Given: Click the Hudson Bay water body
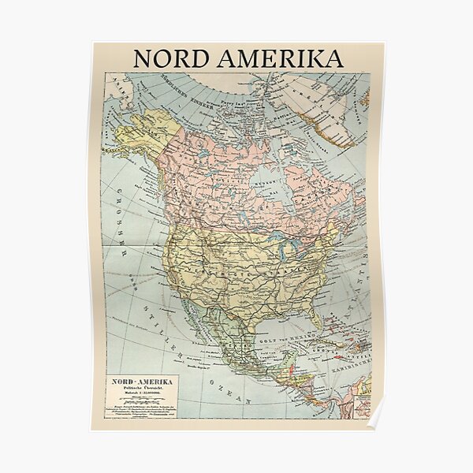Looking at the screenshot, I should (x=272, y=185).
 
